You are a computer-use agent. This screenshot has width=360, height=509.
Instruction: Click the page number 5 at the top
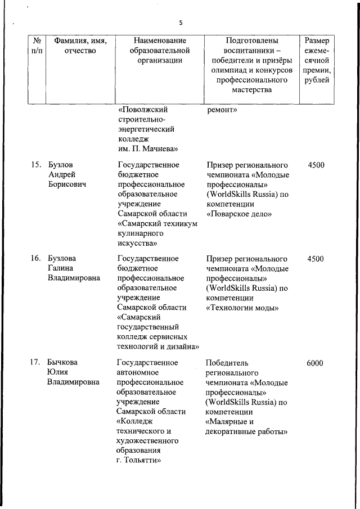tap(181, 23)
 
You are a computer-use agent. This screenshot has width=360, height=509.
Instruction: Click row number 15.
tap(35, 165)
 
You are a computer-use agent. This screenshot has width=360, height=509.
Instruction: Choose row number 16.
tap(35, 259)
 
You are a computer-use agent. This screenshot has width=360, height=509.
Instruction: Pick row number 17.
tap(35, 363)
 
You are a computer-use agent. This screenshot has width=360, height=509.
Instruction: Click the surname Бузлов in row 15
tap(61, 165)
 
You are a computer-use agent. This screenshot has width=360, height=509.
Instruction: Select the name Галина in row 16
tap(60, 268)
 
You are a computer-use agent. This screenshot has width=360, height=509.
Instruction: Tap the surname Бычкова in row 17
tap(63, 363)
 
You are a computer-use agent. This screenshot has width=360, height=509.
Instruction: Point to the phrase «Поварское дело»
tap(239, 214)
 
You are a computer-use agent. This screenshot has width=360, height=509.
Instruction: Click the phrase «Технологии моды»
tap(242, 308)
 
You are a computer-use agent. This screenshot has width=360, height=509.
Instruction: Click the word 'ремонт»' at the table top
tap(222, 110)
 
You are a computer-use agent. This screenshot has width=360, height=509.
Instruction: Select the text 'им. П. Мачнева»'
tap(148, 149)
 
